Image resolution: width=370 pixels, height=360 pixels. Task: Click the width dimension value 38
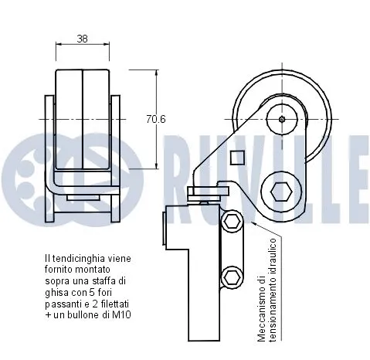tap(81, 37)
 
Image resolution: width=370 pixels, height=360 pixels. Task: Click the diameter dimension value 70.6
tap(157, 120)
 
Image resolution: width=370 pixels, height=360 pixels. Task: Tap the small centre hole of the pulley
tap(282, 118)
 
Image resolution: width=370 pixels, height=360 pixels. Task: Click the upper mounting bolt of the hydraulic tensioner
tap(230, 224)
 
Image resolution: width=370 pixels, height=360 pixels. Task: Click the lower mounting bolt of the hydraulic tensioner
tap(230, 276)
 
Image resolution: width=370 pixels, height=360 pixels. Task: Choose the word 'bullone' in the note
tap(92, 315)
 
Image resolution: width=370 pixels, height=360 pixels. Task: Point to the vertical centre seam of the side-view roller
tap(81, 120)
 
